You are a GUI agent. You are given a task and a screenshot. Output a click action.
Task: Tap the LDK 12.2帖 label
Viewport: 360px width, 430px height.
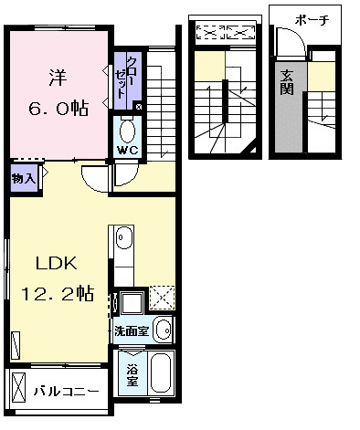57,278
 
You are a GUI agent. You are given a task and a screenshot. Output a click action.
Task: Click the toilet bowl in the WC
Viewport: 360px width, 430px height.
128,131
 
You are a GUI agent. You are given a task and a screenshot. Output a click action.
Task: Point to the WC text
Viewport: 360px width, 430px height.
128,151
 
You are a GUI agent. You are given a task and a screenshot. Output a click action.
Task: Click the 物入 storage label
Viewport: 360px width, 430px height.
24,179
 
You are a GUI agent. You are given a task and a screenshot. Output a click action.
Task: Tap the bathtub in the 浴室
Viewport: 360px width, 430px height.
160,372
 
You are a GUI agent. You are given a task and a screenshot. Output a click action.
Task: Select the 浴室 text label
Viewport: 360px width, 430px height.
132,374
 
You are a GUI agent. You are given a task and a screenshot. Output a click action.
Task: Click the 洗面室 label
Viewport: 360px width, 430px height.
132,330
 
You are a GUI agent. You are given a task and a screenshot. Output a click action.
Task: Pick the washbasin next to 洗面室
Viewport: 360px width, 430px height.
164,330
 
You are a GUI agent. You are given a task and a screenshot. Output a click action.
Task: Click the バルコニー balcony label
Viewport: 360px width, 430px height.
66,391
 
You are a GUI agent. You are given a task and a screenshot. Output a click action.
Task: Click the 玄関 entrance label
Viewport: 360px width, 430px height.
287,83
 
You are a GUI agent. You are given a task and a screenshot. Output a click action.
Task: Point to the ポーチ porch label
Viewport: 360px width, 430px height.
312,21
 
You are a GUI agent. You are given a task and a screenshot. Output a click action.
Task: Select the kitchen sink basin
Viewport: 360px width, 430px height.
124,237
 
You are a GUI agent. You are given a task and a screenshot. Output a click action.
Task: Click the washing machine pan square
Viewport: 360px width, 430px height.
132,303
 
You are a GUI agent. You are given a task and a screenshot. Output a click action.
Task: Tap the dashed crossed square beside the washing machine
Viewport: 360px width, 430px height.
162,299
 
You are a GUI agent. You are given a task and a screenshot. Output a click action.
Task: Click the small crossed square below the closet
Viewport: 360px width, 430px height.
139,107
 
